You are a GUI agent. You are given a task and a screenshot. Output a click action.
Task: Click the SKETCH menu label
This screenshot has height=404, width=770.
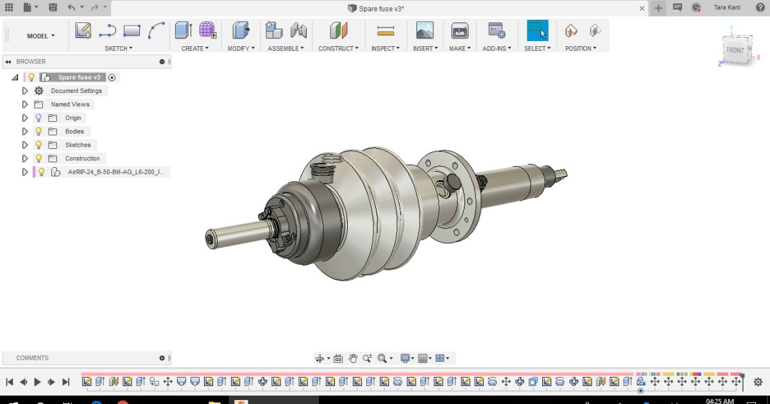118,48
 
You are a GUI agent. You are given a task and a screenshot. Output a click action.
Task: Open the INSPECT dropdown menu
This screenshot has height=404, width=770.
385,48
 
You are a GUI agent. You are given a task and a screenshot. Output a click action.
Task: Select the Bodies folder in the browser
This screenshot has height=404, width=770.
74,131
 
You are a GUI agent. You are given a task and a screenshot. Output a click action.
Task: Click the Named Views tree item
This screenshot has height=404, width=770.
70,105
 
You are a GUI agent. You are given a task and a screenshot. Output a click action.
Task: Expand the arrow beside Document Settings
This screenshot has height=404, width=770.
25,91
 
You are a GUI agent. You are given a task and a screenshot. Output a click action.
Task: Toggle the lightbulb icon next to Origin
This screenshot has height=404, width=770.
38,118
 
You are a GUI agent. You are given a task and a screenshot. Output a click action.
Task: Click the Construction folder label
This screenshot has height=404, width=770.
82,158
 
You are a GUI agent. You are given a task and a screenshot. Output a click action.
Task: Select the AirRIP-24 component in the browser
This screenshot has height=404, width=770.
116,172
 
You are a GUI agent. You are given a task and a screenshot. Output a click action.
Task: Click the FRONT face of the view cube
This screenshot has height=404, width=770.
735,50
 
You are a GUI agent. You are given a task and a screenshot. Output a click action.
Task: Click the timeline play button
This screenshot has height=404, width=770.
37,382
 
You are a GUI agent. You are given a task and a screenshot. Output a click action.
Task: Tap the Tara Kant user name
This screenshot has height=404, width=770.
727,8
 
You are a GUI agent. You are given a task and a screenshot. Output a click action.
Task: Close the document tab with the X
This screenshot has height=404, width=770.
642,8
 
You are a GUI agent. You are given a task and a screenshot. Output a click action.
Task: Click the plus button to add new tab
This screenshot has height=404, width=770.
658,8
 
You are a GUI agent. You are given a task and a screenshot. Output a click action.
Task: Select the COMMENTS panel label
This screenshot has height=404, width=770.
32,358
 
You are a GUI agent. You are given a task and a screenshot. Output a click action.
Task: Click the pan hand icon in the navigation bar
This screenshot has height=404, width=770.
352,358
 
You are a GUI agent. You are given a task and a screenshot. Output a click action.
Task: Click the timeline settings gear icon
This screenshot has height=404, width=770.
758,382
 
